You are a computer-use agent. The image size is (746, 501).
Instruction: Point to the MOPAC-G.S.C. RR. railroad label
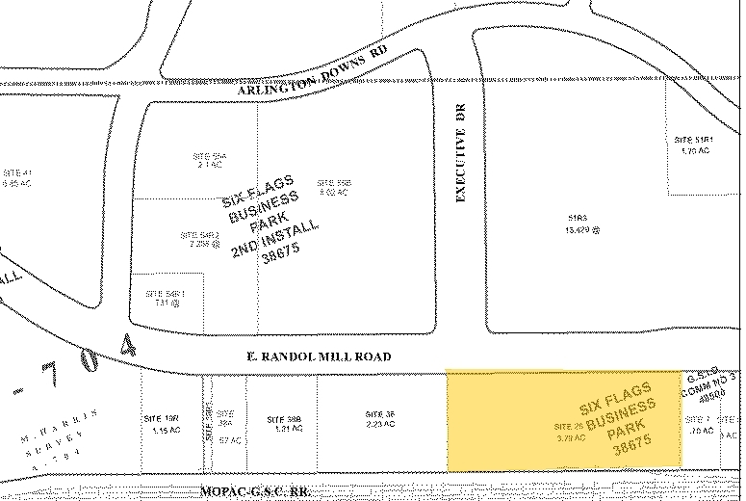click(258, 490)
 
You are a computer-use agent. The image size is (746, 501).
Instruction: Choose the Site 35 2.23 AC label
click(374, 418)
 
